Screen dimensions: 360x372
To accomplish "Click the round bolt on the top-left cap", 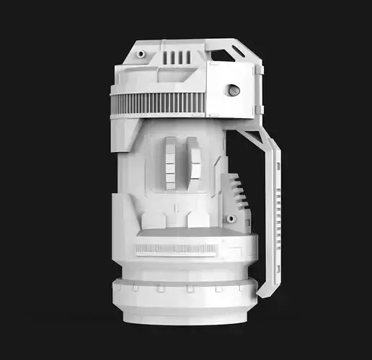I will coord(141,53).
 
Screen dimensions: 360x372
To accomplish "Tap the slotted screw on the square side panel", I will coord(233,90).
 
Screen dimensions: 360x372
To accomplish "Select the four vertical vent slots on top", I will coord(177,57).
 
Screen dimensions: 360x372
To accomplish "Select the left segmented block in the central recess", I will coord(170,163).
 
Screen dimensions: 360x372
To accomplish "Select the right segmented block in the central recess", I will coord(195,163).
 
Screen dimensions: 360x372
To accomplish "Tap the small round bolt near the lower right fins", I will coord(231,219).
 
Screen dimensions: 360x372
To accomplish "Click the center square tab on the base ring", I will coord(189,288).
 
